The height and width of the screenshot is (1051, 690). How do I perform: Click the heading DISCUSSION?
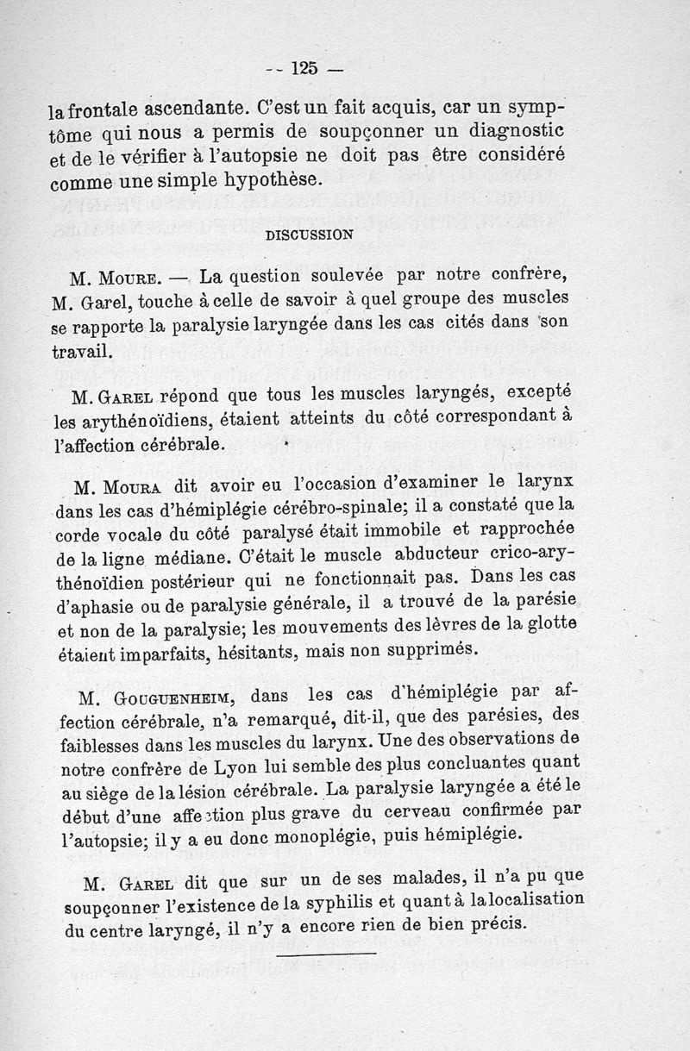coord(308,233)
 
